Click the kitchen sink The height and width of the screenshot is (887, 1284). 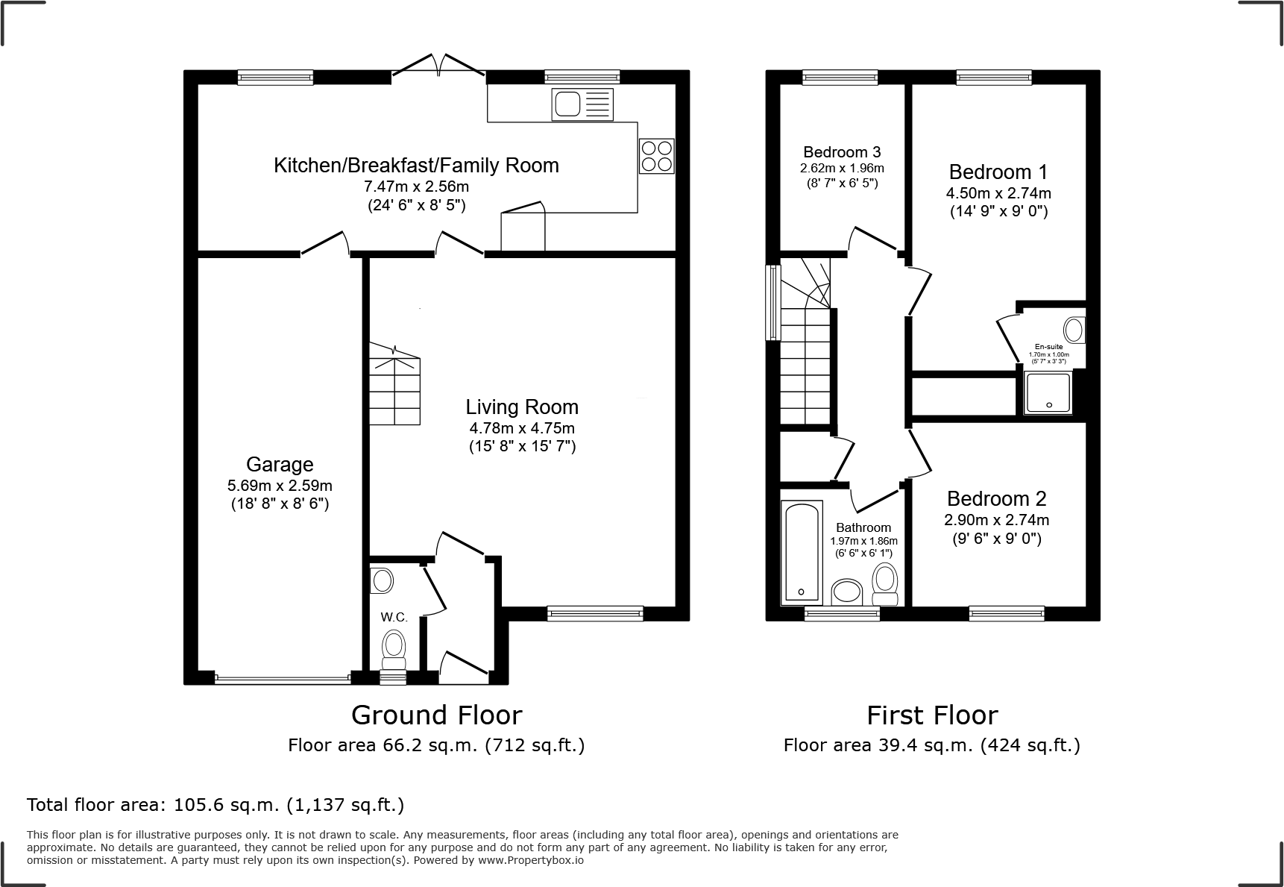(583, 104)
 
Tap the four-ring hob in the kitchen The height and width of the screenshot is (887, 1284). (657, 157)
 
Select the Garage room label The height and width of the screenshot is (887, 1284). (280, 465)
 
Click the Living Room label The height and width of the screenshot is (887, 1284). (522, 407)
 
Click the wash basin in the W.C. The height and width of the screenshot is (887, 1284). (382, 580)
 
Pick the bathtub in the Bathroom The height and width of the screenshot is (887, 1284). (802, 552)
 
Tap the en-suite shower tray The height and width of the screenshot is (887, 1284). (1048, 393)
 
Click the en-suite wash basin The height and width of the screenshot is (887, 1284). (1074, 330)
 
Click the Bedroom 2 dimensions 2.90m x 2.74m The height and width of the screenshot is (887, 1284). (997, 520)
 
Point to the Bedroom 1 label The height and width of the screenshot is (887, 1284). (998, 172)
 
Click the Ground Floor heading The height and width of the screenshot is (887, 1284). (437, 715)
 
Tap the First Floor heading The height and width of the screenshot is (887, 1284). (932, 715)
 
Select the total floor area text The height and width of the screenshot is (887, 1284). (215, 805)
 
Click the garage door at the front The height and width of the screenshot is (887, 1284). (282, 679)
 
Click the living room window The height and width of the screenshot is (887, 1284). (595, 613)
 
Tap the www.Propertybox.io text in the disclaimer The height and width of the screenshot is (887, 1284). (531, 860)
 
